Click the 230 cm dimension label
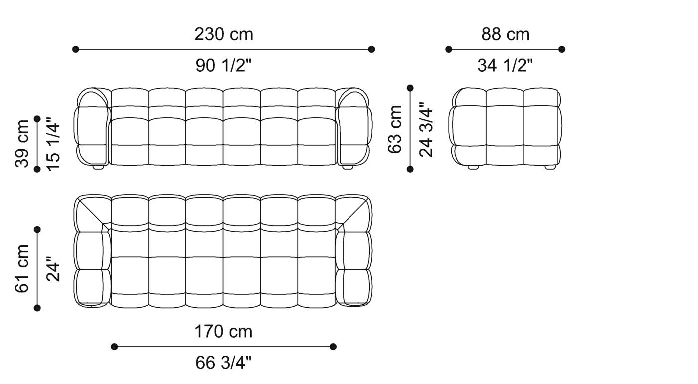(223, 34)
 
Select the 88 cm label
(505, 34)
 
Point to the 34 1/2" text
(505, 65)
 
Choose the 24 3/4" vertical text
(427, 129)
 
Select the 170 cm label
(223, 331)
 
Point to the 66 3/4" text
(223, 363)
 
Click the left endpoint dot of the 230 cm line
(76, 49)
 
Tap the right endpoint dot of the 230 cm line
(371, 49)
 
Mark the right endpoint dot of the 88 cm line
(562, 49)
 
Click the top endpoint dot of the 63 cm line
(410, 88)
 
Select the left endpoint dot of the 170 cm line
(114, 347)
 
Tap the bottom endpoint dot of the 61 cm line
(37, 308)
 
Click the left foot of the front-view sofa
(98, 168)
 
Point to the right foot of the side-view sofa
(550, 168)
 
